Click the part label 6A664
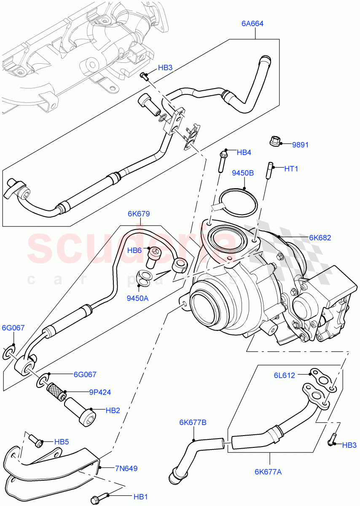coord(253,24)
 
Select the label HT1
coord(291,169)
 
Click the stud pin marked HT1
coord(268,170)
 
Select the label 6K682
coord(320,237)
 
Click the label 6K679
coord(139,214)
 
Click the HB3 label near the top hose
coord(165,67)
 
